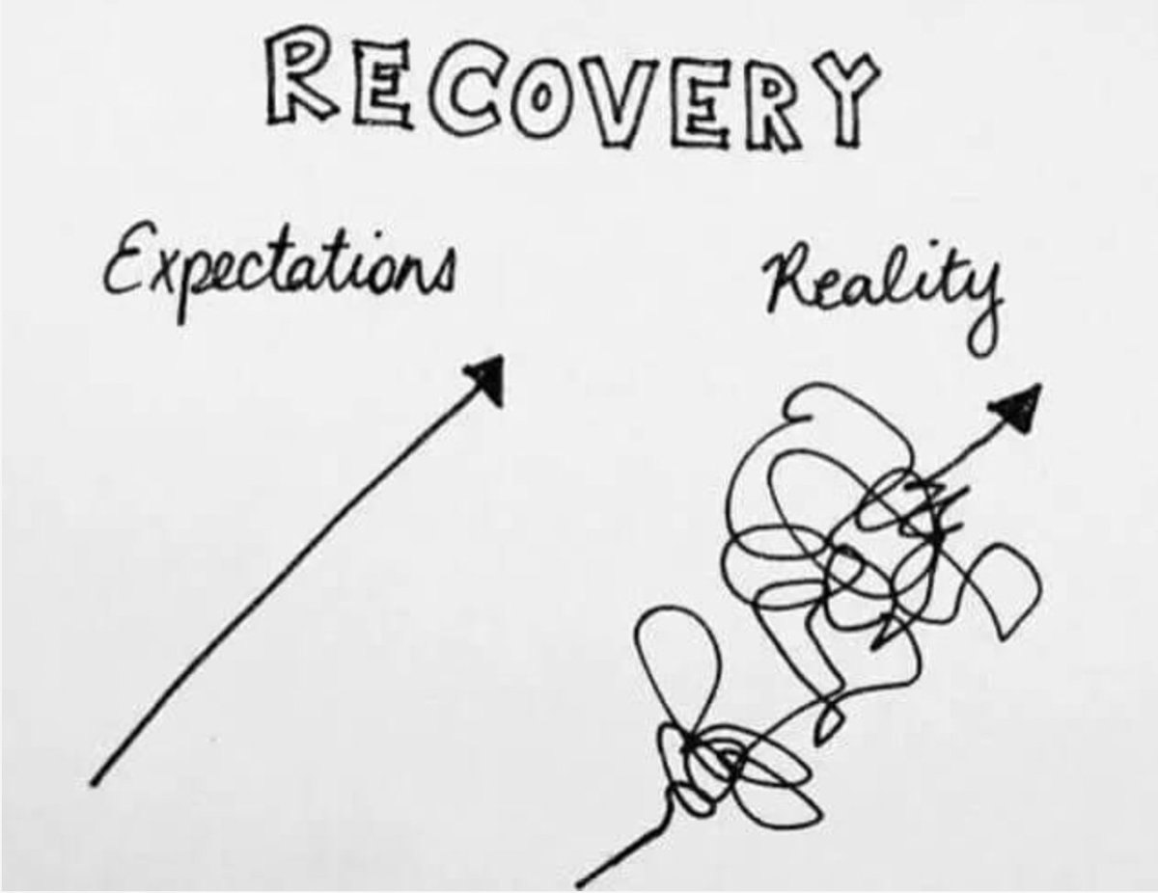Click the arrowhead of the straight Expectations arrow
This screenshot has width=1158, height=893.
[x=487, y=377]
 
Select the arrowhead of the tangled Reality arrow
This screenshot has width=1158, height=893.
[x=1018, y=405]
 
